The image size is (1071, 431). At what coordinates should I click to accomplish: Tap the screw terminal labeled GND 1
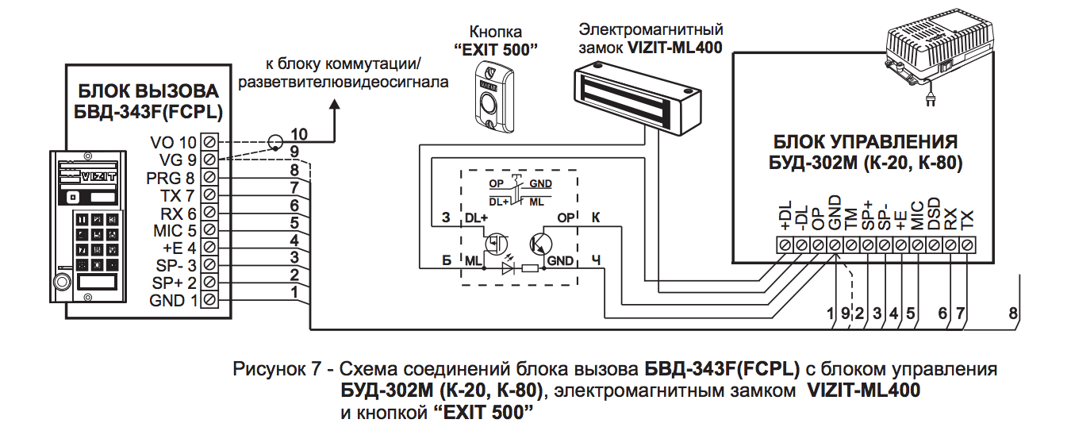pos(209,299)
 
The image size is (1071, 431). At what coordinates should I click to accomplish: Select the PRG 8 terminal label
pos(170,177)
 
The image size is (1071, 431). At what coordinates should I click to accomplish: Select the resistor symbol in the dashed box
pos(531,269)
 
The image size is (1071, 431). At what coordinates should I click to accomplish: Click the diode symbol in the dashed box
pos(509,269)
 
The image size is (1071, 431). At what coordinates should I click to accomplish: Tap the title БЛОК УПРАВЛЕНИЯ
pos(865,143)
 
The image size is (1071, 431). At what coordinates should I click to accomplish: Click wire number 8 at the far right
pos(1012,314)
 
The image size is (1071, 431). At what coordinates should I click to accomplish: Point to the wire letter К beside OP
pos(597,217)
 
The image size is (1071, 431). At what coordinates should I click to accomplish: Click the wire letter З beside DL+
pos(445,217)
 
